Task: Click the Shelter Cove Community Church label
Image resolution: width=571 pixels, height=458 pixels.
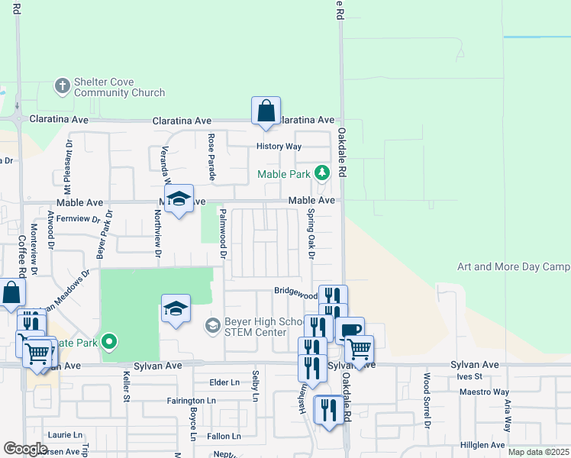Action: coord(119,87)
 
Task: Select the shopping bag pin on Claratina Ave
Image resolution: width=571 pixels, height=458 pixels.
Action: coord(266,111)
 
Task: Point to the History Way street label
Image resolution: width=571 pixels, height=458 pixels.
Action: coord(279,147)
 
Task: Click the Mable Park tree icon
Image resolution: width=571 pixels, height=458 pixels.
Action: coord(322,173)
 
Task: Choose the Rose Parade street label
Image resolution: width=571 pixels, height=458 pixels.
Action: coord(211,157)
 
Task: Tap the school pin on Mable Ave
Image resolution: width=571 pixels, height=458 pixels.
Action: coord(179,200)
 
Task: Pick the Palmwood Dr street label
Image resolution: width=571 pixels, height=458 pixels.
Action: coord(223,233)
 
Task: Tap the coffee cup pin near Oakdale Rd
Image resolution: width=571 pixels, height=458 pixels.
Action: coord(350,331)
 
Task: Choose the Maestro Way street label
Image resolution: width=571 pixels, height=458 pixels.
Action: coord(484,392)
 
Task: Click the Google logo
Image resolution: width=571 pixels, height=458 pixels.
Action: coord(25,448)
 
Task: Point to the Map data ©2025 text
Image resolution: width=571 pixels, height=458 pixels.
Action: coord(538,452)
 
